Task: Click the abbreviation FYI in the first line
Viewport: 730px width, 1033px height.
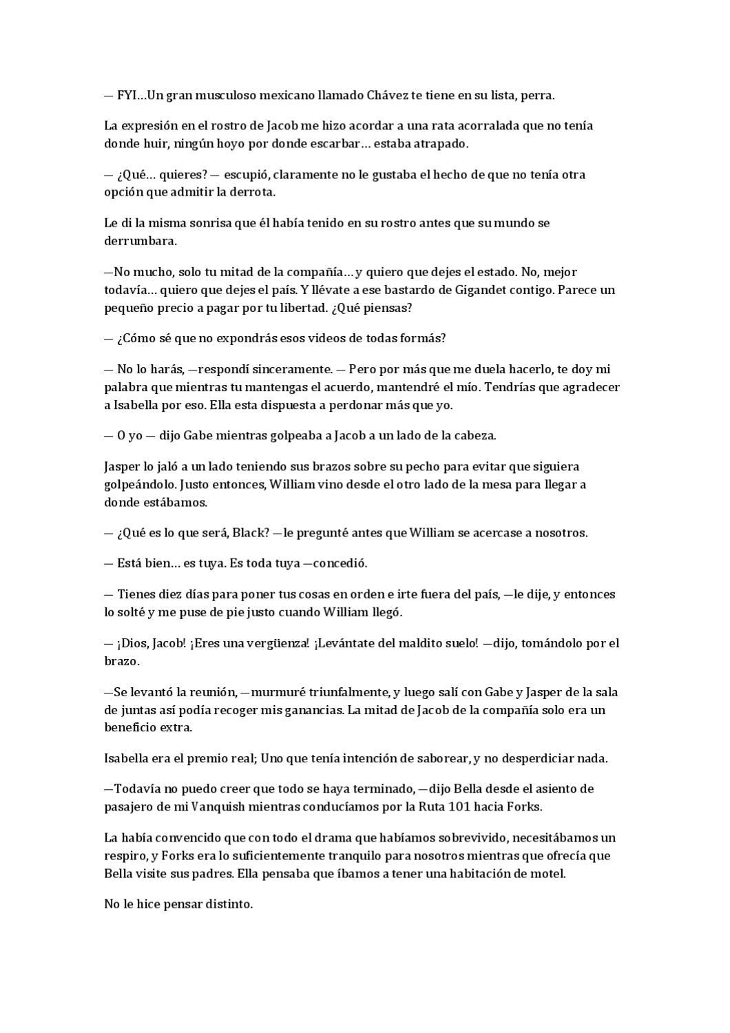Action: click(127, 95)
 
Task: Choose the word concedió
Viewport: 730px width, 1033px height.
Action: click(340, 563)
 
